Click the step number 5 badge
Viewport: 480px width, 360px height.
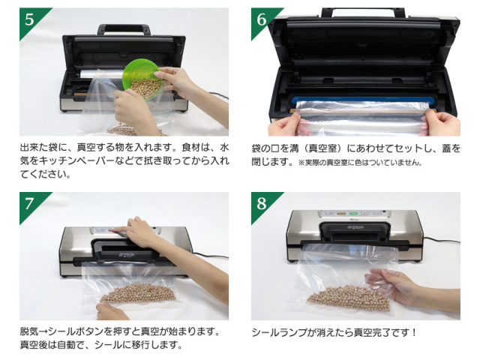click(x=30, y=19)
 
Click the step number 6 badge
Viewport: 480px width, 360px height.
click(x=261, y=19)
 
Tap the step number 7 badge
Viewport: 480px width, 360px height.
click(x=30, y=203)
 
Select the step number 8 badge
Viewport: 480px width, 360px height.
click(x=261, y=203)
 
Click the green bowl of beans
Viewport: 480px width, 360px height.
click(x=142, y=79)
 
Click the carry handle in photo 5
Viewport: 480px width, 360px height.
click(x=124, y=29)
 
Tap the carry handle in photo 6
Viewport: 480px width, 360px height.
click(x=364, y=12)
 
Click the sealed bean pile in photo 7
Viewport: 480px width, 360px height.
click(x=138, y=294)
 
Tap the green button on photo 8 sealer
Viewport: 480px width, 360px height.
click(x=353, y=213)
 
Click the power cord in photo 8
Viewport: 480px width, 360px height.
click(x=442, y=240)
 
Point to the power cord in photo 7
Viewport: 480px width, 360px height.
click(x=211, y=255)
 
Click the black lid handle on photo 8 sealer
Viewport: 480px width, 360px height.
click(x=355, y=229)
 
